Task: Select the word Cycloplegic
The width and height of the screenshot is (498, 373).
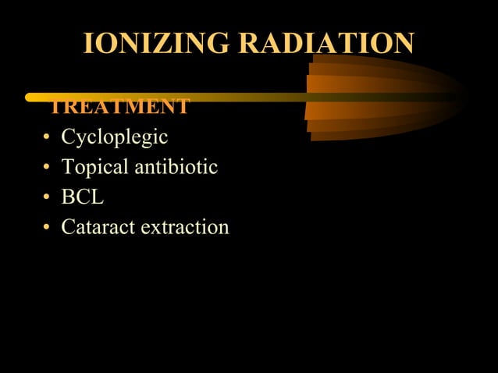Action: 115,138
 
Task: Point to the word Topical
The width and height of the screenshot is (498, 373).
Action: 93,168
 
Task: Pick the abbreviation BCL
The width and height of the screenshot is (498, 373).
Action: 82,197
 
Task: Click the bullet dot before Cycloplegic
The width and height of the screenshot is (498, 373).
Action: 47,140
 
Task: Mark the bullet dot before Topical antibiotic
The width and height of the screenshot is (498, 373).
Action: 47,169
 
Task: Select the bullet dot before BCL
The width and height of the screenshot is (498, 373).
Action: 47,199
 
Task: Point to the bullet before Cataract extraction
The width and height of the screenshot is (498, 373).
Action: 47,229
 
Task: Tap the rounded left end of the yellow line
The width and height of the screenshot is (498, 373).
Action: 30,98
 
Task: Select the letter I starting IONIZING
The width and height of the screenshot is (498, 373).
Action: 87,44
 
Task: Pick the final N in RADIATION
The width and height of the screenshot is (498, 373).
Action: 404,44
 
